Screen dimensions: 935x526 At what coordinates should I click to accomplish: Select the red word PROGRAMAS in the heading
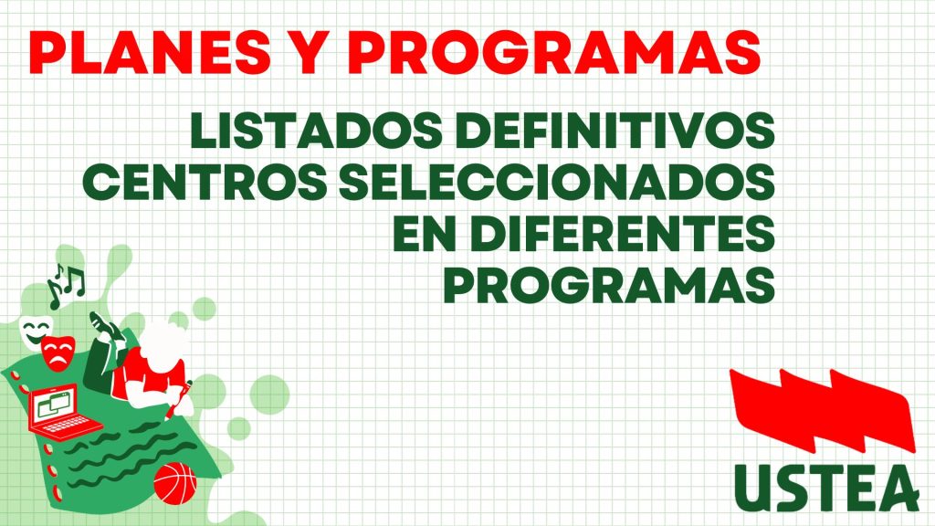(x=554, y=52)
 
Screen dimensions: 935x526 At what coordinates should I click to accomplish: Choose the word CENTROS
(x=205, y=182)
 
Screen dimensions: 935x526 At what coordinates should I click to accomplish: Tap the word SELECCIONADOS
(x=557, y=182)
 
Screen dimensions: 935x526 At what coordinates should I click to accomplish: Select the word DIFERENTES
(x=623, y=233)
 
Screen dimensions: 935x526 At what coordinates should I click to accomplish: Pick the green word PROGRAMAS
(x=609, y=284)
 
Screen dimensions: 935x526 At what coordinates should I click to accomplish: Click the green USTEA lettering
(x=825, y=488)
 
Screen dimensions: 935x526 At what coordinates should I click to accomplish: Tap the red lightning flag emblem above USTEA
(x=823, y=412)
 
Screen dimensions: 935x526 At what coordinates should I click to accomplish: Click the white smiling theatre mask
(x=36, y=331)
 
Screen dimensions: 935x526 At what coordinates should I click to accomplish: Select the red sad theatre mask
(x=58, y=353)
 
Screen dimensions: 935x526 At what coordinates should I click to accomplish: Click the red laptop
(x=61, y=413)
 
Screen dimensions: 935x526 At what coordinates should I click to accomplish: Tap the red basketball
(x=175, y=484)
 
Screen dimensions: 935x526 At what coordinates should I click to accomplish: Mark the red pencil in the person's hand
(x=179, y=401)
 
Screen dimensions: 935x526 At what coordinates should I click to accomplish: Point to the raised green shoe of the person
(x=102, y=326)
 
